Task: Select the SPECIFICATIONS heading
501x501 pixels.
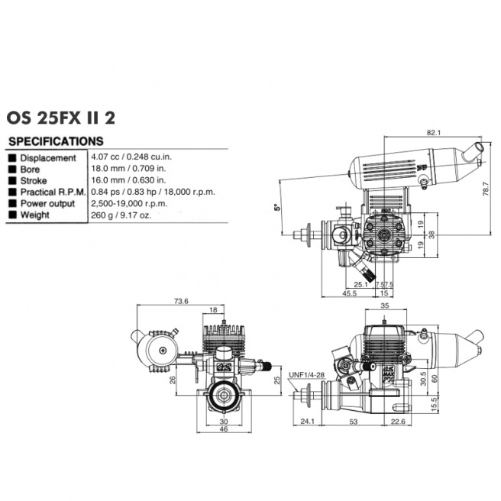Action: [x=55, y=141]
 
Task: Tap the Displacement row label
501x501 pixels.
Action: [x=48, y=157]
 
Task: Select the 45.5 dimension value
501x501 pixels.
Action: [x=351, y=293]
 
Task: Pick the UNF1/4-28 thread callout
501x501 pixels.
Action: [x=305, y=374]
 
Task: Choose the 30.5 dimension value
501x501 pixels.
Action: [x=423, y=375]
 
